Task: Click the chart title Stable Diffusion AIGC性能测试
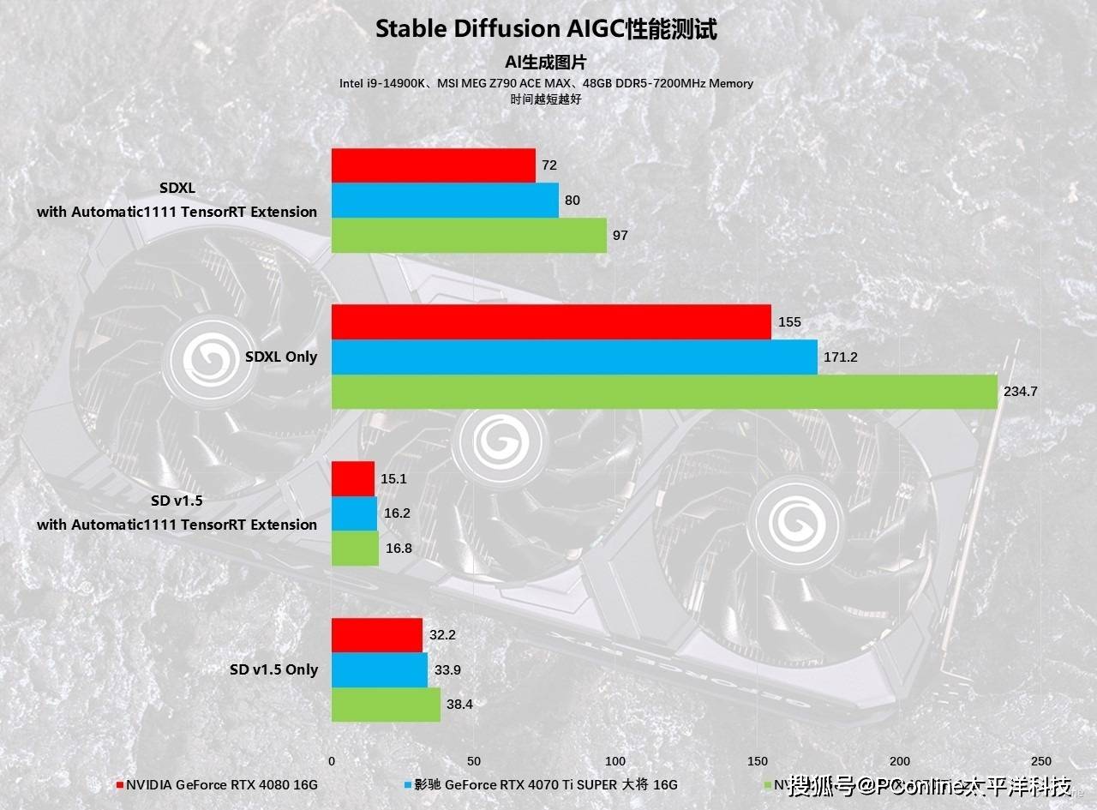tap(546, 29)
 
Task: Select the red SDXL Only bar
tap(551, 322)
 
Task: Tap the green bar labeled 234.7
tap(664, 392)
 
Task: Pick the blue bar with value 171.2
tap(574, 357)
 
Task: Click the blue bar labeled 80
tap(445, 201)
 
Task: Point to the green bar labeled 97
tap(469, 235)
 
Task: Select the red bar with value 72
tap(434, 165)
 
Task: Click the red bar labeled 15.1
tap(353, 478)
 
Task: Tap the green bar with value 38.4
tap(386, 705)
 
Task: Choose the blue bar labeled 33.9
tap(380, 670)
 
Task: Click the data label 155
tap(789, 322)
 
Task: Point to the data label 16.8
tap(399, 549)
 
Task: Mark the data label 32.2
tap(442, 635)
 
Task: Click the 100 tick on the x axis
tap(615, 761)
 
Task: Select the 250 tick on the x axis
tap(1040, 761)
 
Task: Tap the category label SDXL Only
tap(281, 357)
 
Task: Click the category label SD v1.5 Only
tap(273, 669)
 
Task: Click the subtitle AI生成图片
tap(546, 63)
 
